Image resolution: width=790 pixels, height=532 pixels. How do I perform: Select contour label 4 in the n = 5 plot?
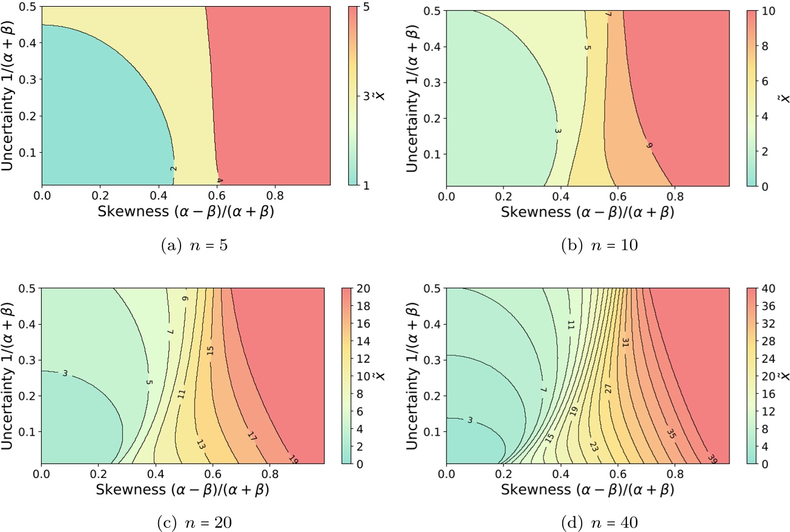click(x=219, y=181)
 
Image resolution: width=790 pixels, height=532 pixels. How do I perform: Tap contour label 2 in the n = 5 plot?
click(x=173, y=169)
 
